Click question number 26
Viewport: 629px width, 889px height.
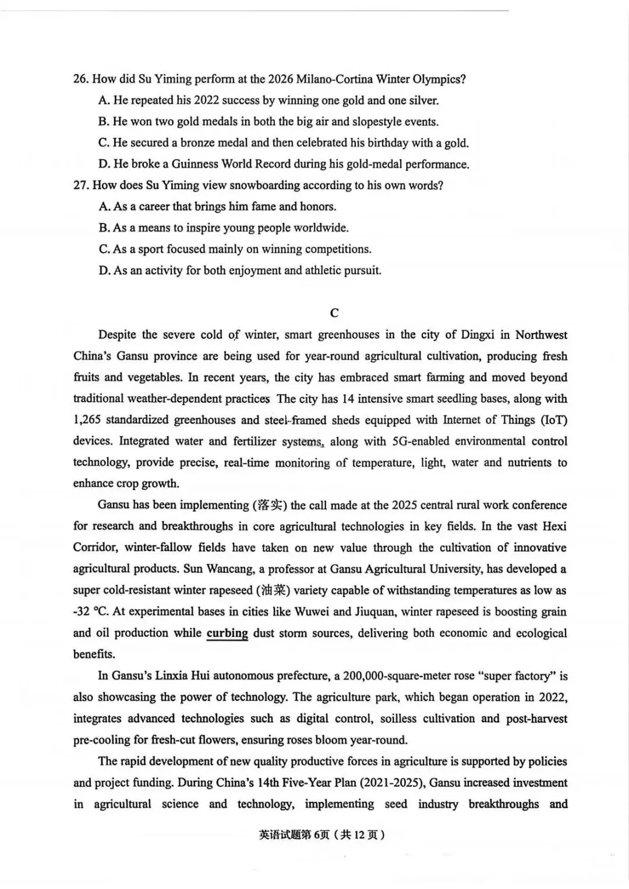(80, 79)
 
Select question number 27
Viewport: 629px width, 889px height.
(80, 186)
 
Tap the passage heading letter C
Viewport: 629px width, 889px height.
(334, 313)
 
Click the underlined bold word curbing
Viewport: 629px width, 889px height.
(227, 633)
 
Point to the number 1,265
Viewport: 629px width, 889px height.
(87, 420)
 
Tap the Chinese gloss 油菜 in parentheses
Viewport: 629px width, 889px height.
(273, 590)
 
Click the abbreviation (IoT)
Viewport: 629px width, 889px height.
(554, 420)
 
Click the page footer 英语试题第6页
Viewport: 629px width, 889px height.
(292, 835)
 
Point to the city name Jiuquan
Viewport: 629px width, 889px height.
(375, 612)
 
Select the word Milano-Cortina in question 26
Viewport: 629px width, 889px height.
(334, 79)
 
